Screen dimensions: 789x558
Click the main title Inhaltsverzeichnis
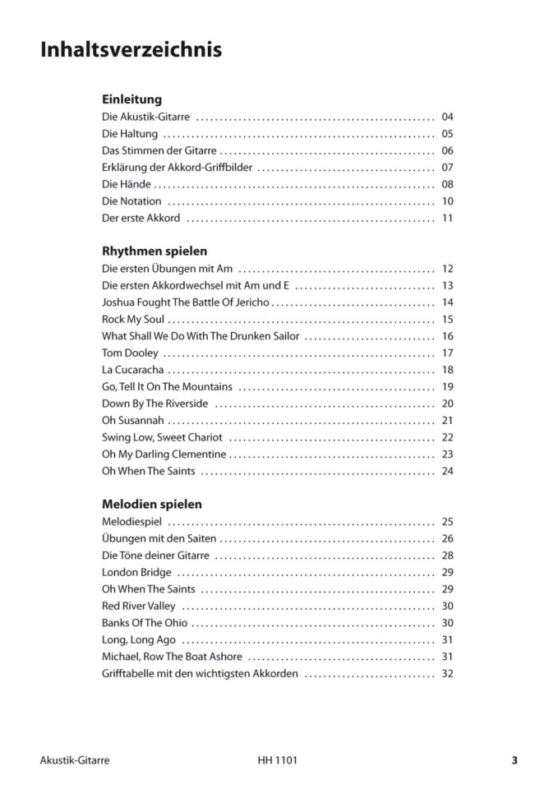pos(131,51)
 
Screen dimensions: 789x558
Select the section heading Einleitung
pos(131,99)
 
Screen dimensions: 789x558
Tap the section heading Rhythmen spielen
pos(154,251)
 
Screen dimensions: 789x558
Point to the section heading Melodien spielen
pos(152,504)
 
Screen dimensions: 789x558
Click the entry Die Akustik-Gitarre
pos(145,117)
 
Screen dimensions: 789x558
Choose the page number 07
pos(447,168)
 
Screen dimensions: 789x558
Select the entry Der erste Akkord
pos(141,219)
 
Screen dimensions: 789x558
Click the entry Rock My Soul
pos(133,319)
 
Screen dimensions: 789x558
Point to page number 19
pos(447,386)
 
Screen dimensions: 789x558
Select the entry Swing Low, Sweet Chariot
pos(162,437)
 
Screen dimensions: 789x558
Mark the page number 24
pos(447,471)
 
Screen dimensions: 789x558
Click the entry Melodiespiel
pos(131,521)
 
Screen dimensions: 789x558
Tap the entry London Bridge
pos(136,572)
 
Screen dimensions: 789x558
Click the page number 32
pos(447,673)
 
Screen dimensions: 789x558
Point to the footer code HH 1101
pos(277,760)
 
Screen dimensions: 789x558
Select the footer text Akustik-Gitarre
pos(74,760)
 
